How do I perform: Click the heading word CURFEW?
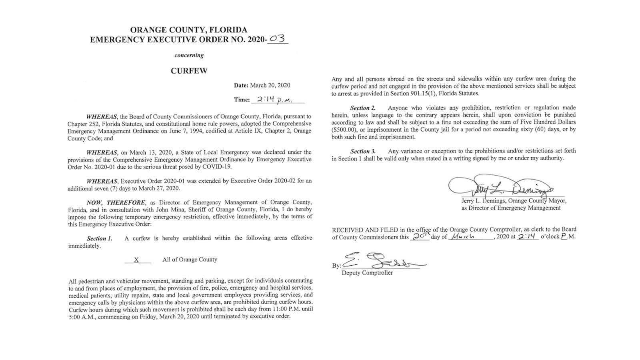coord(189,71)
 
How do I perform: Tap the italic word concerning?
coord(189,55)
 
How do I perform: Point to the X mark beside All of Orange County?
coord(136,260)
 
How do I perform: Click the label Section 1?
coord(100,238)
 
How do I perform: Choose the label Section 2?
coord(363,108)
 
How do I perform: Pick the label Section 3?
coord(363,152)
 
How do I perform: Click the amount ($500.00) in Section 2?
coord(346,130)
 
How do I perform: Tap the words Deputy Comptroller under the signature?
coord(367,273)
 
